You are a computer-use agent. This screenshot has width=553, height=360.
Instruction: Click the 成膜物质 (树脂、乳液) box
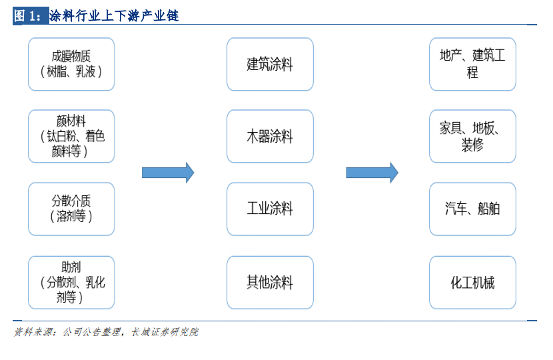pyautogui.click(x=71, y=64)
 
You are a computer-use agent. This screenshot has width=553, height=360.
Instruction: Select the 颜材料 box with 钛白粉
pyautogui.click(x=71, y=136)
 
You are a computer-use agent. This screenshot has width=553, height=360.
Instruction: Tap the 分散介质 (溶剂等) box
pyautogui.click(x=71, y=209)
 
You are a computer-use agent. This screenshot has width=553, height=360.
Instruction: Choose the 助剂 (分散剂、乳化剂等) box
pyautogui.click(x=71, y=283)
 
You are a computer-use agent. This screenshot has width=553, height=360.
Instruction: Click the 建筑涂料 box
pyautogui.click(x=270, y=64)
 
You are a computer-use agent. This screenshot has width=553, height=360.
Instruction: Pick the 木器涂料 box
pyautogui.click(x=270, y=136)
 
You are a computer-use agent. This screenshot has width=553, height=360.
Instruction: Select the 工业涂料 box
pyautogui.click(x=270, y=209)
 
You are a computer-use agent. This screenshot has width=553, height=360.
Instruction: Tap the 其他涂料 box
pyautogui.click(x=270, y=283)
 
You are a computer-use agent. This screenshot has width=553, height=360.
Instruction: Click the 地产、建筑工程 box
pyautogui.click(x=472, y=64)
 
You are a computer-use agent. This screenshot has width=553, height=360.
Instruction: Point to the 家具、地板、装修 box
pyautogui.click(x=472, y=136)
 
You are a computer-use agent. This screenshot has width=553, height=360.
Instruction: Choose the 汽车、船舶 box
pyautogui.click(x=472, y=209)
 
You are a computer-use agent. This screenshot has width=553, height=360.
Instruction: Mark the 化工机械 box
pyautogui.click(x=472, y=283)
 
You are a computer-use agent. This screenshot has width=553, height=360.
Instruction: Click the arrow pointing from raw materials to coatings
pyautogui.click(x=168, y=173)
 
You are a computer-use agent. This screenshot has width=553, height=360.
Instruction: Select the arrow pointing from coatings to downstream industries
pyautogui.click(x=372, y=173)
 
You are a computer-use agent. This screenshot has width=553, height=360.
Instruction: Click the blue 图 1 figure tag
pyautogui.click(x=31, y=16)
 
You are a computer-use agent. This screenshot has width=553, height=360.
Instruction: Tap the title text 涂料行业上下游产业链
pyautogui.click(x=114, y=16)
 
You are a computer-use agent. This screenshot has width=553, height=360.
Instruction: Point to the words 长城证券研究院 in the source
pyautogui.click(x=165, y=332)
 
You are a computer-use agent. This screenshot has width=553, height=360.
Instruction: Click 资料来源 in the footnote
pyautogui.click(x=33, y=332)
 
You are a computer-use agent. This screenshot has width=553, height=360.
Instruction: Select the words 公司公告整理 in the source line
pyautogui.click(x=92, y=332)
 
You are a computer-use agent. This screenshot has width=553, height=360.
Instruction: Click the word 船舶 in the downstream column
pyautogui.click(x=489, y=209)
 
